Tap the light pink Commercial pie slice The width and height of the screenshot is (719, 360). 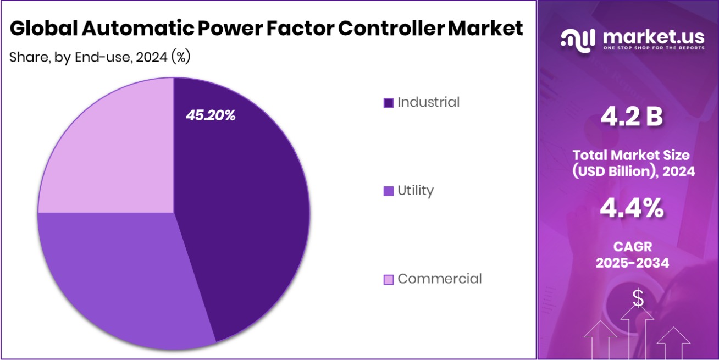[110, 154]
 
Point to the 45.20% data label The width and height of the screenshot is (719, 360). [211, 115]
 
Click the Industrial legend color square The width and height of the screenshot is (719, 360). [388, 103]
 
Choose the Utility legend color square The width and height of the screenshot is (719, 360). [388, 191]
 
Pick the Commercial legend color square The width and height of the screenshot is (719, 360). [388, 280]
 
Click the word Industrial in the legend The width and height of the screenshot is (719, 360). [428, 102]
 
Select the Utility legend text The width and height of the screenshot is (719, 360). [416, 191]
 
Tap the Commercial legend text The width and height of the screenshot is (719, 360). [439, 279]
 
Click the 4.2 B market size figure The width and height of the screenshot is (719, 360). [632, 117]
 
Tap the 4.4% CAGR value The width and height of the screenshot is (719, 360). [632, 209]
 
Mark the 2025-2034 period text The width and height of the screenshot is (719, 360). [632, 263]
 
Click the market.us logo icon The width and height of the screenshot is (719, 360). [578, 38]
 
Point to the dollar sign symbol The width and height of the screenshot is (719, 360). [638, 298]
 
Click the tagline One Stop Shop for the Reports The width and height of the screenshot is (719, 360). [654, 48]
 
